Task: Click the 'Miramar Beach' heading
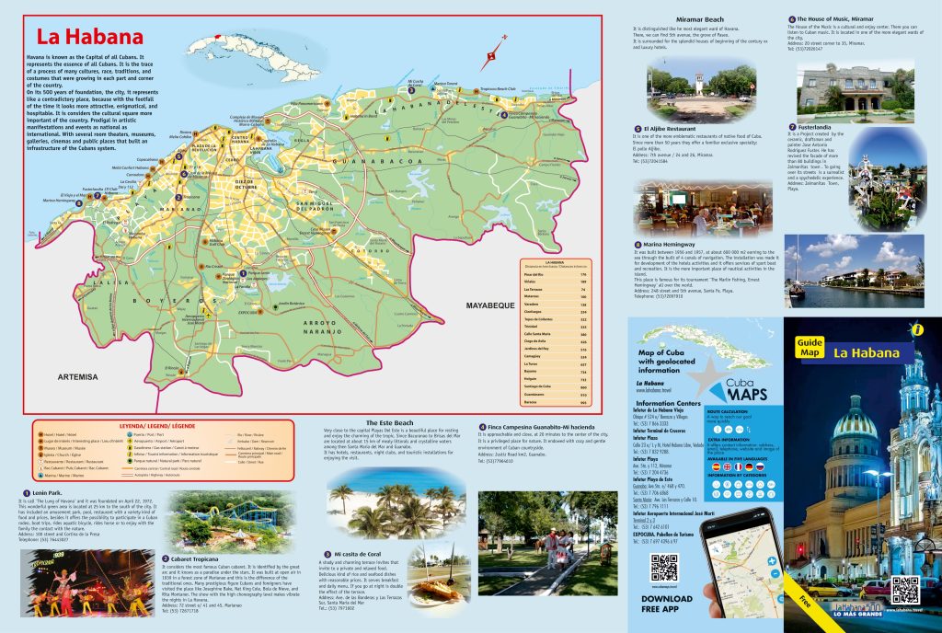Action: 700,19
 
